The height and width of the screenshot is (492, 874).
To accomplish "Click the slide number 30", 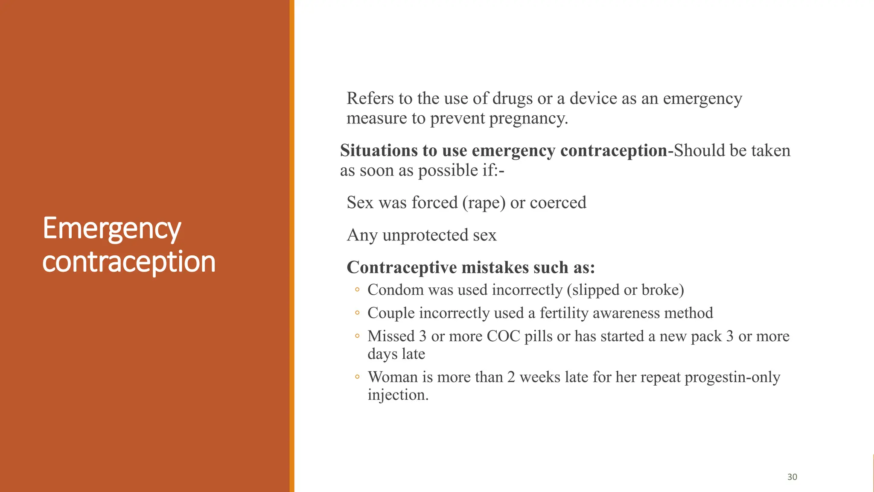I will point(792,477).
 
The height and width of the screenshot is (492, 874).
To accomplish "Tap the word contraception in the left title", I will point(129,261).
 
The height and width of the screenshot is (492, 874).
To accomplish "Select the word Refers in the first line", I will point(370,99).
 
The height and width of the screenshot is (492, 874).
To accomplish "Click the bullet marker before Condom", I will point(357,290).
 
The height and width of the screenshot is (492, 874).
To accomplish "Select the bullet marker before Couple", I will point(357,313).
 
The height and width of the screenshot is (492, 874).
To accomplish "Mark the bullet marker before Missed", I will point(357,336).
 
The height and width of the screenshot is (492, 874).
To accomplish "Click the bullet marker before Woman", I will point(357,377).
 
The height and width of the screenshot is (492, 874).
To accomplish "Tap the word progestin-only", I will point(732,378).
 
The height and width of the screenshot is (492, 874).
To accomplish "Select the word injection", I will point(398,395).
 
